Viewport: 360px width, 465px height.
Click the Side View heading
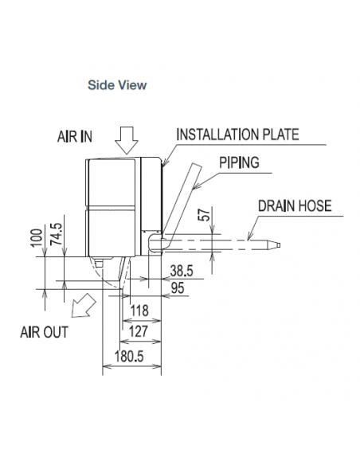coord(117,85)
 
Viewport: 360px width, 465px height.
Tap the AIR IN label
coord(75,137)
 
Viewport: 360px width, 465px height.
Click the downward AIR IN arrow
coord(127,140)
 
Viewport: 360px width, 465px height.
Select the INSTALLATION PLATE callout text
coord(237,135)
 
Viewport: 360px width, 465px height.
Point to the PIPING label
coord(239,162)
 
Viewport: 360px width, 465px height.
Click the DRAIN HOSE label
coord(295,205)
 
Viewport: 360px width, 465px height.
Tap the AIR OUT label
coord(44,332)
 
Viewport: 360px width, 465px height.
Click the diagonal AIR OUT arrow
coord(84,306)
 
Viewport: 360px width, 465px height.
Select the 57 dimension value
coord(205,214)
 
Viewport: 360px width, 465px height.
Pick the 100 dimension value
coord(37,237)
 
